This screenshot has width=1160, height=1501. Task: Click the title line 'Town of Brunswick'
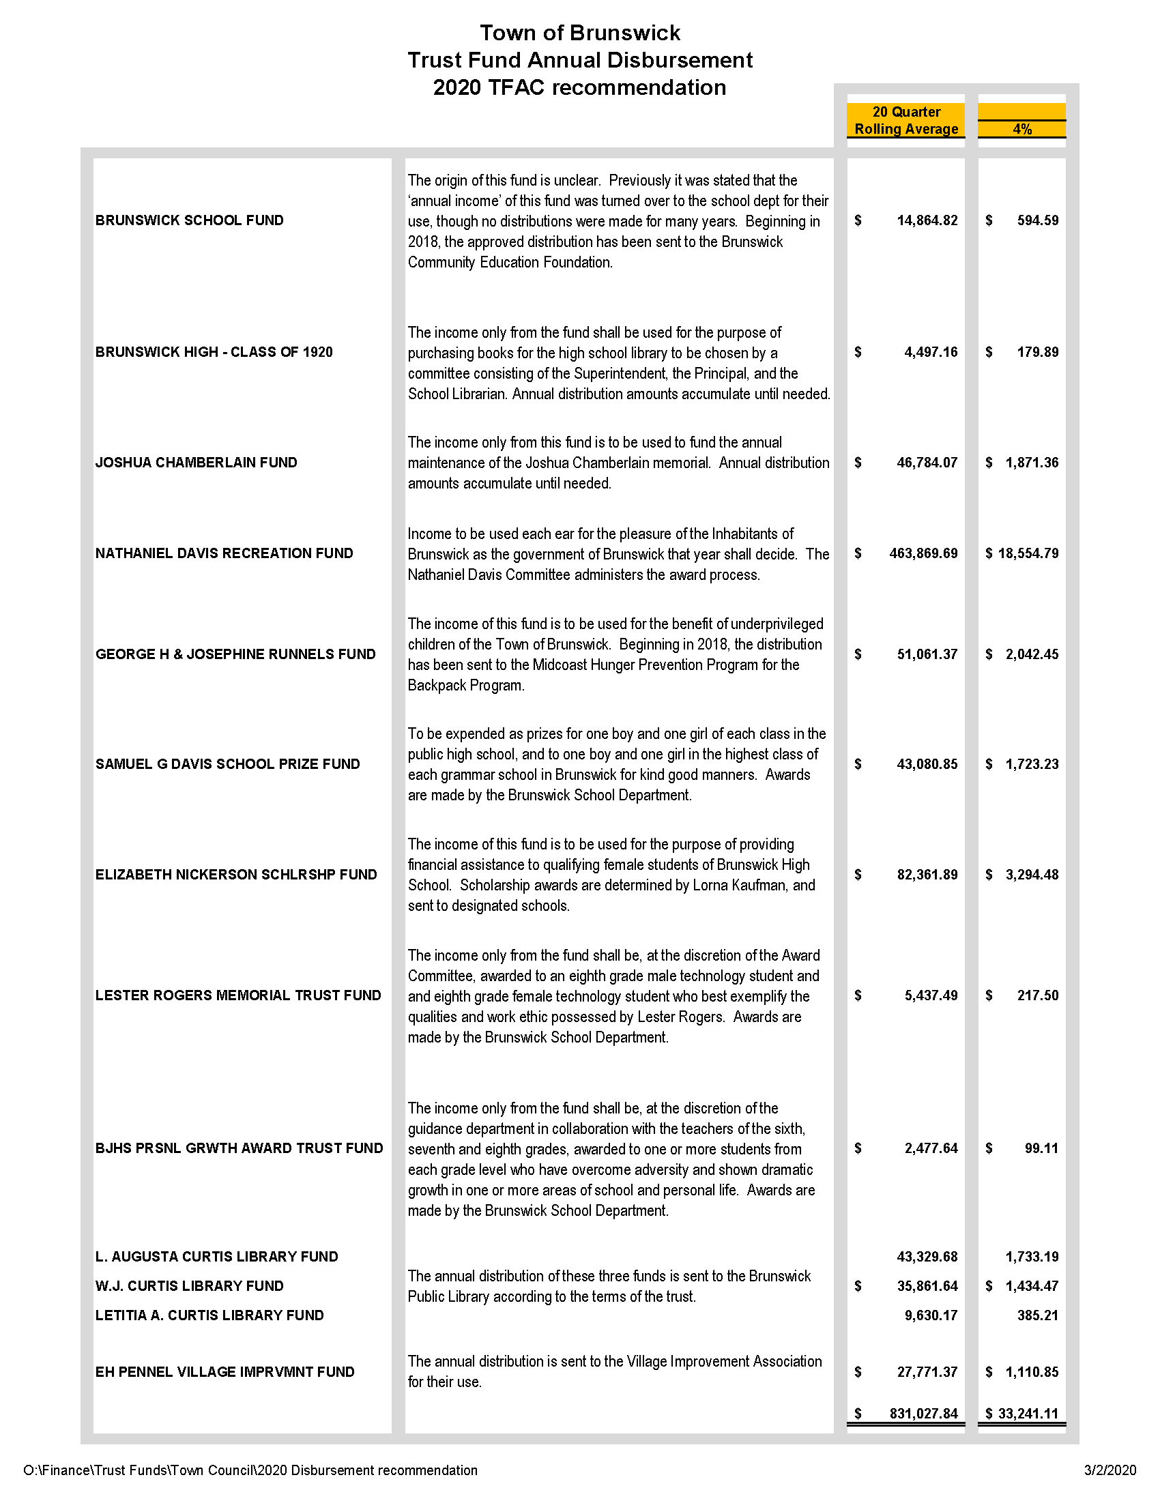click(x=580, y=33)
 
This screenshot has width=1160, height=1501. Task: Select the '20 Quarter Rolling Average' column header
click(x=905, y=120)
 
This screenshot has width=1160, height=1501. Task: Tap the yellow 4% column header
click(x=1022, y=128)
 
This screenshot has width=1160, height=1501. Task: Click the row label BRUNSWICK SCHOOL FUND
click(x=189, y=220)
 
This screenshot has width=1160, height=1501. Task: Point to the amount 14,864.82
click(x=927, y=220)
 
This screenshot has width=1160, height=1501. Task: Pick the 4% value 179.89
click(x=1038, y=352)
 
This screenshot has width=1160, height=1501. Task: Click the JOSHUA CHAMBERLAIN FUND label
click(x=196, y=463)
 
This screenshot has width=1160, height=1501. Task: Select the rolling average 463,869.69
click(x=923, y=553)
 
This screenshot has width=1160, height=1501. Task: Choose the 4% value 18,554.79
click(x=1028, y=553)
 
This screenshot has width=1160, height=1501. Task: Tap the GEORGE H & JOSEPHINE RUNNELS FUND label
click(x=235, y=654)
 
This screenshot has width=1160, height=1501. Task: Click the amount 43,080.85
click(x=927, y=764)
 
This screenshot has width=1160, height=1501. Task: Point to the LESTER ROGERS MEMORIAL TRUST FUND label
click(x=237, y=995)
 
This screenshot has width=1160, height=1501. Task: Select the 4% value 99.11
click(x=1041, y=1148)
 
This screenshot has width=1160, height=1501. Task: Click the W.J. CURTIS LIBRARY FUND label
click(x=189, y=1286)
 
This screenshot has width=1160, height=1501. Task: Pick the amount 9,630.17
click(x=931, y=1315)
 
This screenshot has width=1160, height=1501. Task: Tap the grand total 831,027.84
click(x=923, y=1414)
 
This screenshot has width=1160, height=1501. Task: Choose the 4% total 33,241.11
click(x=1028, y=1414)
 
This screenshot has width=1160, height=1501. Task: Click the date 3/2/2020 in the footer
click(x=1110, y=1470)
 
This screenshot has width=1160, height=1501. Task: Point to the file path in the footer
click(x=250, y=1470)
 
